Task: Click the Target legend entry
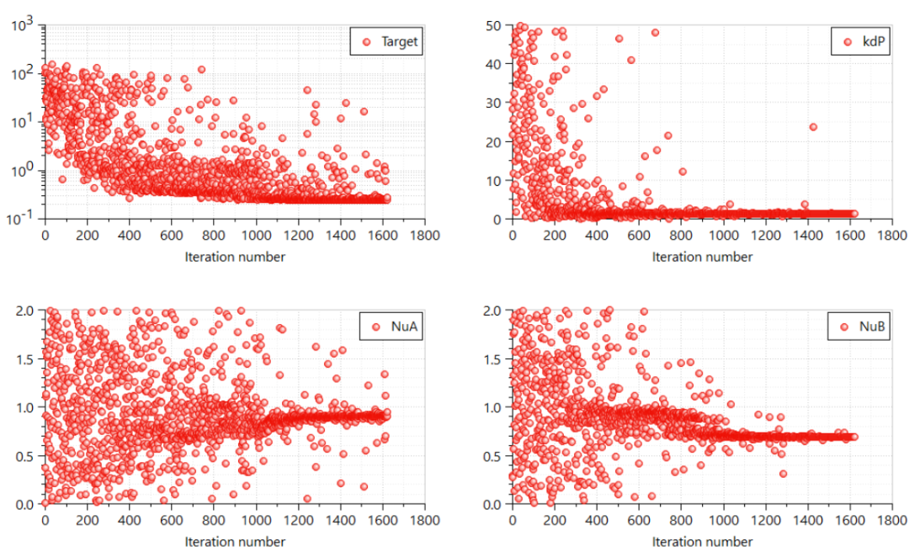pyautogui.click(x=388, y=41)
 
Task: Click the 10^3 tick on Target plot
pyautogui.click(x=24, y=25)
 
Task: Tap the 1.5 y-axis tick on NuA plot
pyautogui.click(x=27, y=358)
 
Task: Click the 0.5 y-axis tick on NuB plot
pyautogui.click(x=495, y=455)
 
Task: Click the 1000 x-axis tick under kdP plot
pyautogui.click(x=723, y=236)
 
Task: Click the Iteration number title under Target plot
pyautogui.click(x=235, y=257)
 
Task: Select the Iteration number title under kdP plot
pyautogui.click(x=703, y=257)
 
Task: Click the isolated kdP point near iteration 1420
pyautogui.click(x=813, y=127)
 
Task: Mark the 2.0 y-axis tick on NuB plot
pyautogui.click(x=495, y=310)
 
